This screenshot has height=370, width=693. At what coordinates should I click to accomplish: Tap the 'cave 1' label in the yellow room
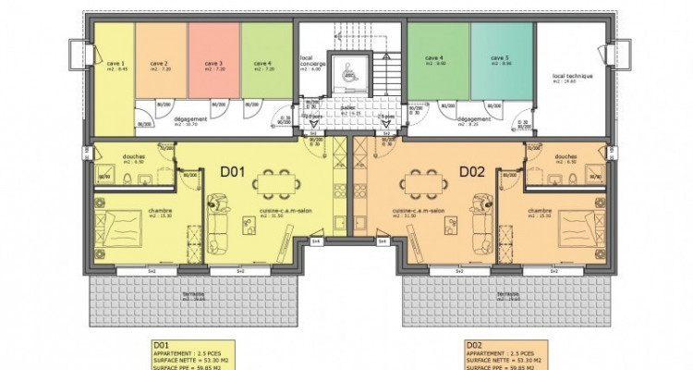coord(115,64)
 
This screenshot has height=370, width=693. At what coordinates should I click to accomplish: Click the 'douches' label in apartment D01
coord(133,156)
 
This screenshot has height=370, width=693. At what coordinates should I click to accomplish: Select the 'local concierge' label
coord(310,61)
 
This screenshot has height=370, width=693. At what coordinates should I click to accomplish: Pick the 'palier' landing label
coord(346,107)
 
